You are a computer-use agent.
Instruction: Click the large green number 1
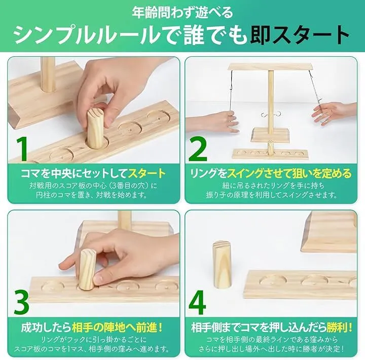click(x=22, y=149)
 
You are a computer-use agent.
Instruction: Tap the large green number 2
click(x=197, y=149)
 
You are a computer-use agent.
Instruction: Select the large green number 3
click(x=21, y=302)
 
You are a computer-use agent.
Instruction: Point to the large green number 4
click(x=197, y=302)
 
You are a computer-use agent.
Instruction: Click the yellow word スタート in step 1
click(x=147, y=173)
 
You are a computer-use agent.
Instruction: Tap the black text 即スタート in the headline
click(x=300, y=35)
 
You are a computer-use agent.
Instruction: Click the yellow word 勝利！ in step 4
click(x=340, y=327)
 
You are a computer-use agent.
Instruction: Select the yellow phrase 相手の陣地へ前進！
click(x=117, y=328)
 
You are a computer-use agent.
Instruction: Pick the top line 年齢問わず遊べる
click(x=182, y=12)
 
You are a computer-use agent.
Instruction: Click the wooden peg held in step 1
click(x=95, y=129)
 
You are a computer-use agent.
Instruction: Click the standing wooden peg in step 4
click(x=222, y=265)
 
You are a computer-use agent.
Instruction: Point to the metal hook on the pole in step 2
click(x=271, y=114)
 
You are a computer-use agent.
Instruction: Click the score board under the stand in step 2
click(x=270, y=154)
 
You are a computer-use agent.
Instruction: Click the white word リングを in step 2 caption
click(x=208, y=174)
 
